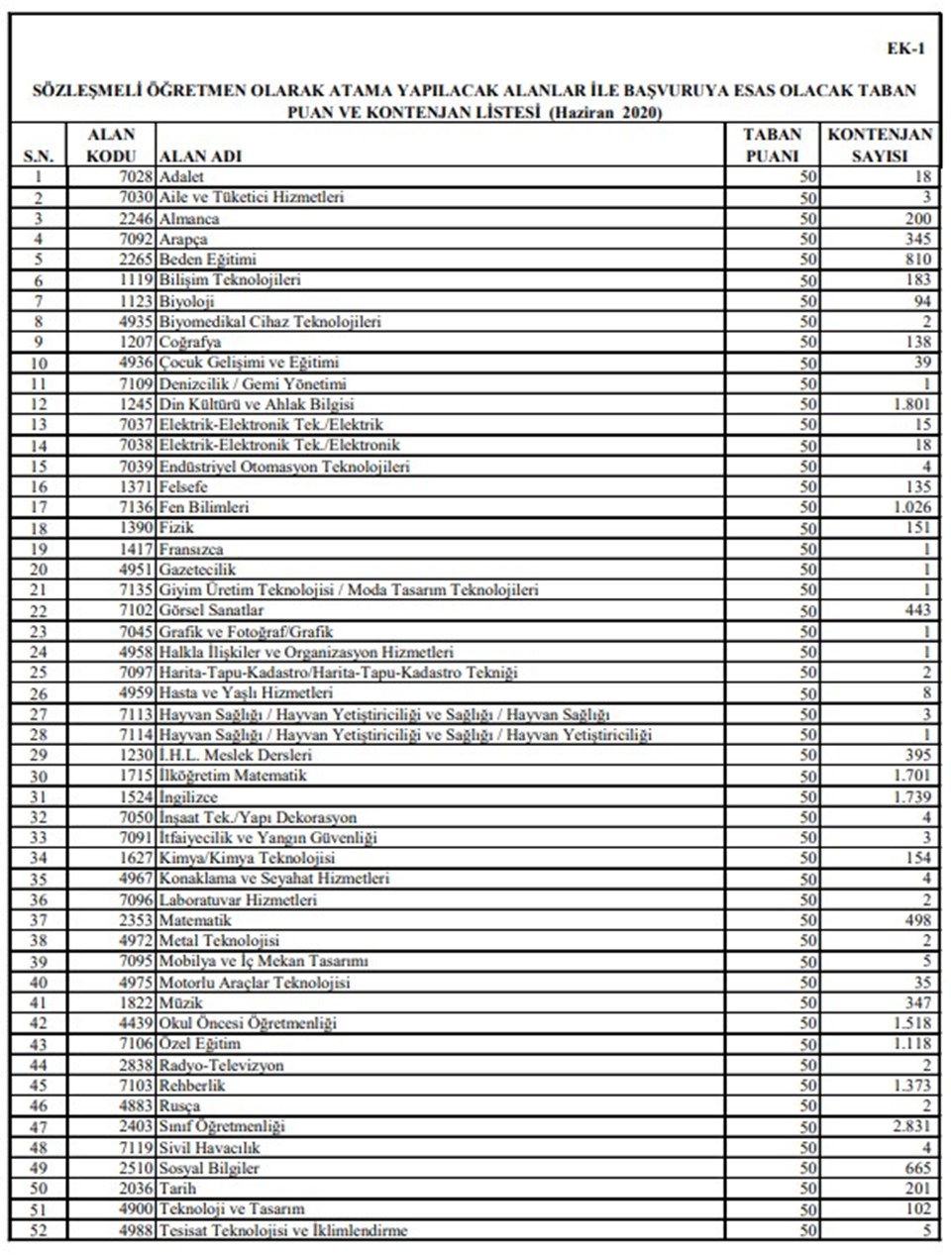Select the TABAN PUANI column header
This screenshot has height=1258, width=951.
[772, 145]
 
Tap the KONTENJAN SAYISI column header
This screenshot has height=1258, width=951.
[880, 145]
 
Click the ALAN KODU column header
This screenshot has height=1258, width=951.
[111, 145]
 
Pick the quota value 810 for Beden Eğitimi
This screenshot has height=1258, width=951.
[916, 260]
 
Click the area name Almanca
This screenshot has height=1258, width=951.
[189, 219]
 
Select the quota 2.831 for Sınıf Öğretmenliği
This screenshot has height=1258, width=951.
[911, 1127]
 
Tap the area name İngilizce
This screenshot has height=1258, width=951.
[188, 797]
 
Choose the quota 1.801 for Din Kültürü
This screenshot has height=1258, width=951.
[911, 404]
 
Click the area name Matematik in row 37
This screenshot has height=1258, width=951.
[195, 921]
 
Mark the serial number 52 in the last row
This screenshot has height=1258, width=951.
[39, 1231]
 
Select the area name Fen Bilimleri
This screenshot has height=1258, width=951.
[204, 507]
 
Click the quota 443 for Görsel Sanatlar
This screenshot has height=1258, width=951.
[916, 611]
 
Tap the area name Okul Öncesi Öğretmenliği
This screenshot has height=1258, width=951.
[248, 1023]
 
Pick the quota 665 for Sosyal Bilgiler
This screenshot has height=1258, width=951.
[916, 1169]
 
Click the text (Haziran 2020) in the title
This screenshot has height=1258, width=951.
[605, 112]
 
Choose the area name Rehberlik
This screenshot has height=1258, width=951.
[192, 1086]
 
